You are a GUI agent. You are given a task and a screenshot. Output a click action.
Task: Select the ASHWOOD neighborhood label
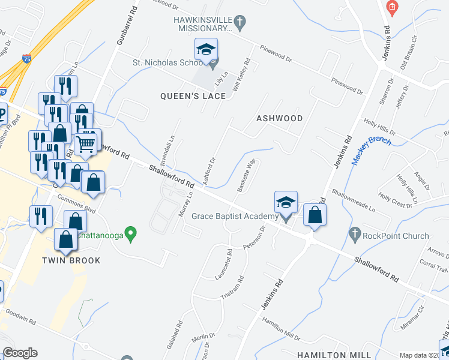(x=279, y=118)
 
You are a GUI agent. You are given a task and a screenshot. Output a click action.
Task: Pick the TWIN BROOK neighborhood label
(x=71, y=260)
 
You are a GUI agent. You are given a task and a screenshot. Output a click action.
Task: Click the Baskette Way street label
(x=247, y=175)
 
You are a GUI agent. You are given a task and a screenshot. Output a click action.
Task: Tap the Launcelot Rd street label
(x=224, y=264)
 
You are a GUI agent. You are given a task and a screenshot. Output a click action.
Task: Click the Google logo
(x=20, y=353)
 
